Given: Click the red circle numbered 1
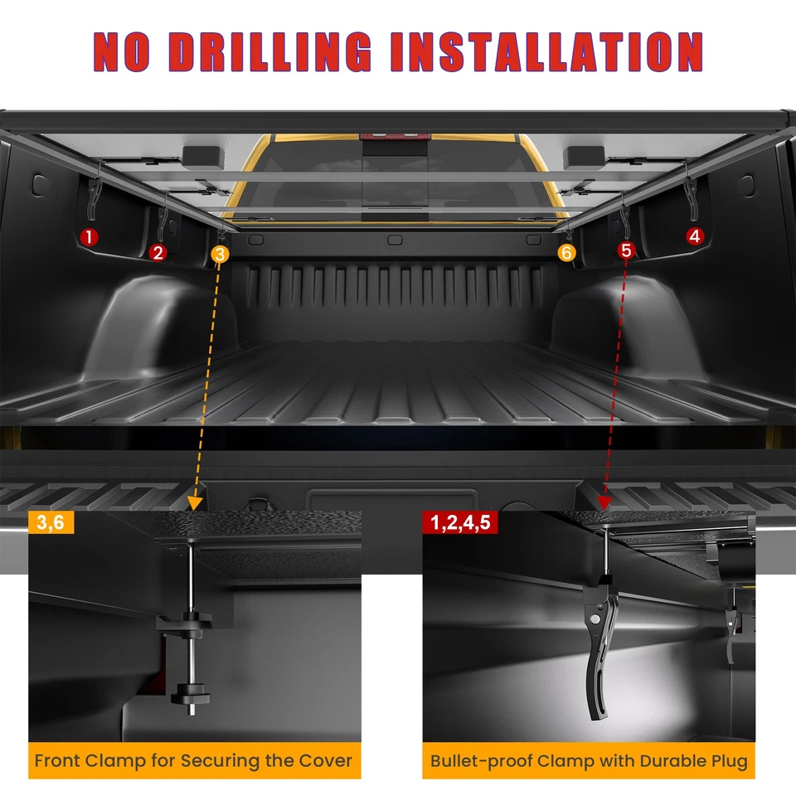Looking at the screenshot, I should pyautogui.click(x=90, y=237).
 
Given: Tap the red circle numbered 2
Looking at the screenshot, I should pyautogui.click(x=158, y=253).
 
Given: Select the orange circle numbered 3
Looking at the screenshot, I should pyautogui.click(x=219, y=255).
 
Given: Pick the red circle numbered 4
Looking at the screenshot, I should pyautogui.click(x=694, y=236).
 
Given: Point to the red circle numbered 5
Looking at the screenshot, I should pyautogui.click(x=626, y=250).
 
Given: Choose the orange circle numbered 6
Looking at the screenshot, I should pyautogui.click(x=566, y=253).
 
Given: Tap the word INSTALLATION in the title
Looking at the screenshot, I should pyautogui.click(x=546, y=52).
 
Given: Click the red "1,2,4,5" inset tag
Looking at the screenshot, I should pyautogui.click(x=459, y=522).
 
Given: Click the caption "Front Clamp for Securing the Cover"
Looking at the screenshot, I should pyautogui.click(x=194, y=760).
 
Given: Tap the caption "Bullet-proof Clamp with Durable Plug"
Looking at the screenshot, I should pyautogui.click(x=589, y=760).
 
